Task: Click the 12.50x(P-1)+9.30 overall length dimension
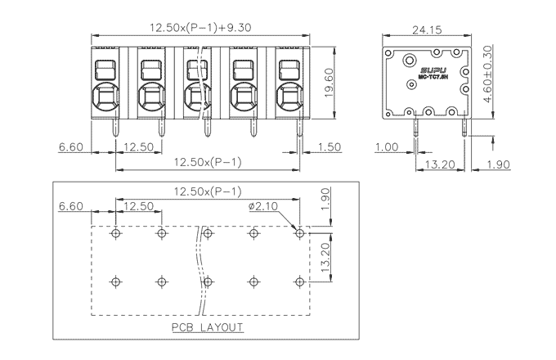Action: click(x=200, y=27)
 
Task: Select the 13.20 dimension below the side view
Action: click(x=442, y=164)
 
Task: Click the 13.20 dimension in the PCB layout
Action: click(x=325, y=257)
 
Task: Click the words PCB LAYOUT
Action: click(x=206, y=327)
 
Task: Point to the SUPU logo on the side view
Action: click(x=430, y=72)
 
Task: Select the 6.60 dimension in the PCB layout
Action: click(x=71, y=206)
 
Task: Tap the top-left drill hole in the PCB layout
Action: click(x=116, y=234)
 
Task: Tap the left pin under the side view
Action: click(x=417, y=127)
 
